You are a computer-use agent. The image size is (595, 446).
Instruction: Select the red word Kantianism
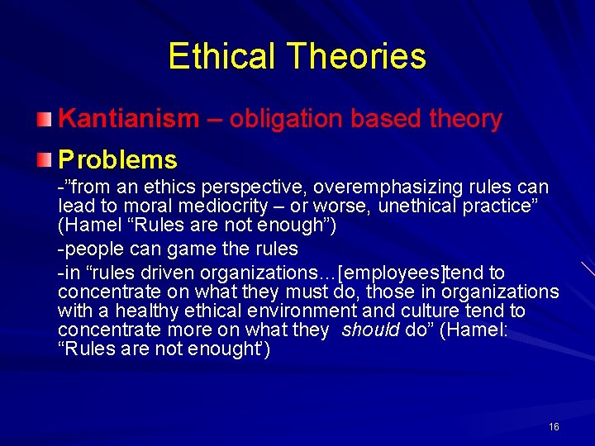[129, 119]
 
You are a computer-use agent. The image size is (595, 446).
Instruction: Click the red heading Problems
[117, 159]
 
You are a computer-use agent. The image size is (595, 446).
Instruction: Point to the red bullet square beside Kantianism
[47, 119]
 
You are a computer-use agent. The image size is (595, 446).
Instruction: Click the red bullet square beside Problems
[47, 159]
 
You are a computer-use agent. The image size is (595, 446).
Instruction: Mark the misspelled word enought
[224, 349]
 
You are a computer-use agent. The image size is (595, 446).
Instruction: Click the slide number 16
[554, 426]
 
